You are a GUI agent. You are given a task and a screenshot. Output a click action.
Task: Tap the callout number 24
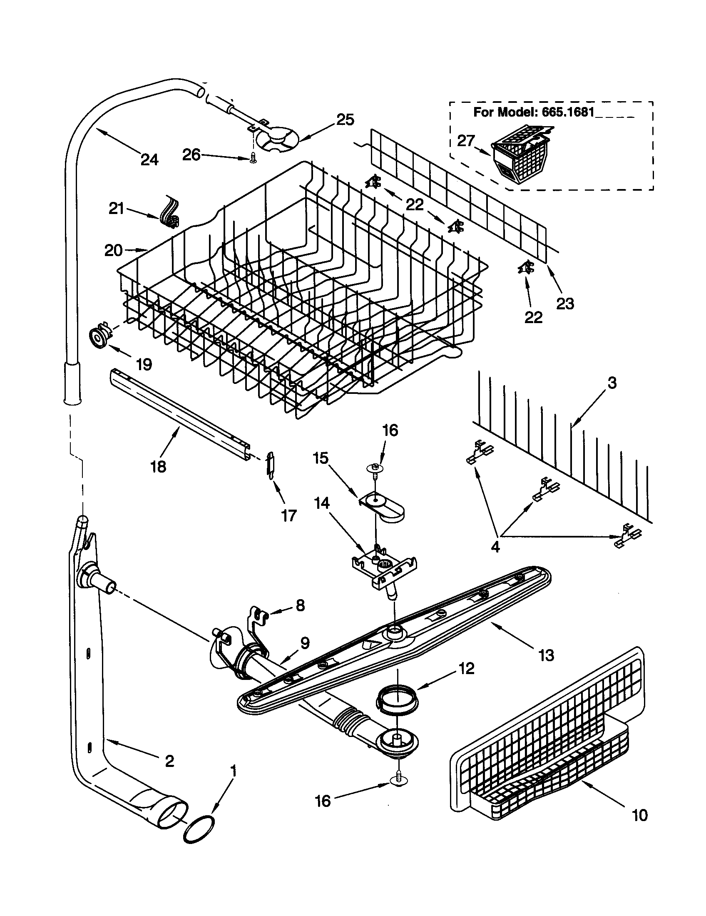click(x=149, y=160)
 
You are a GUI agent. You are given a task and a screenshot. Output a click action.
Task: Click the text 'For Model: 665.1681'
click(x=534, y=112)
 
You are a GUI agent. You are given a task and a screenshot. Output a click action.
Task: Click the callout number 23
click(x=564, y=303)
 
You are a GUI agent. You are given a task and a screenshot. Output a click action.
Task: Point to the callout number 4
click(x=495, y=547)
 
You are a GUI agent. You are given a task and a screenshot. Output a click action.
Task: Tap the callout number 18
click(x=159, y=466)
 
